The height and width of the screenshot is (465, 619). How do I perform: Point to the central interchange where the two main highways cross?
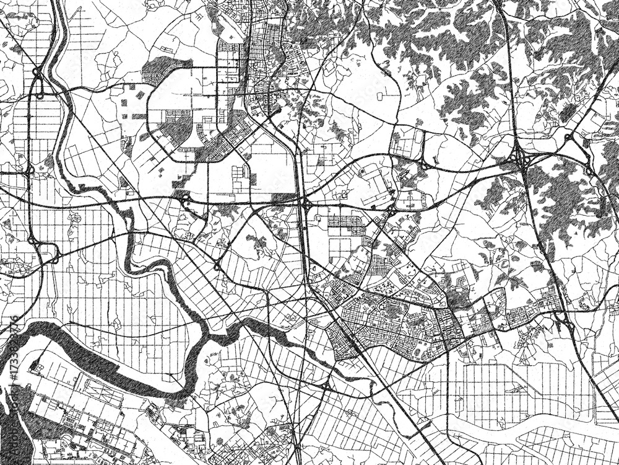(305, 203)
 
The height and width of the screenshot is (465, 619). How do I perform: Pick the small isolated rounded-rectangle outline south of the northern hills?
(379, 96)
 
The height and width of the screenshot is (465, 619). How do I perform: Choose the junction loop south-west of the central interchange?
(217, 267)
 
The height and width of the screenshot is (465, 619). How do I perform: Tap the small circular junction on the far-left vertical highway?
(30, 169)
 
